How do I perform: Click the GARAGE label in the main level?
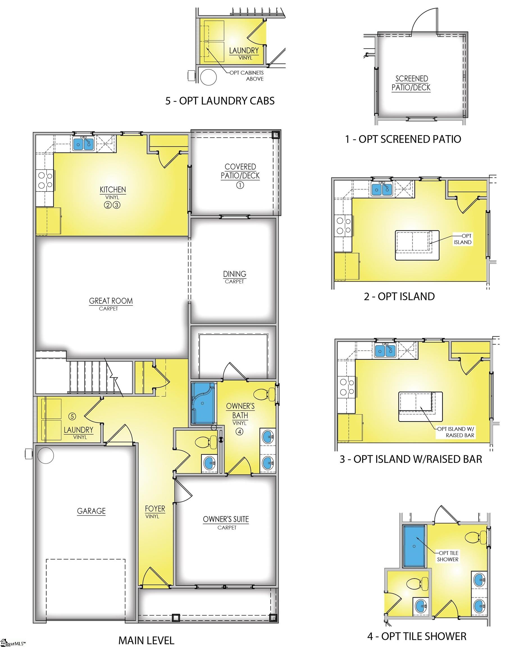(x=91, y=511)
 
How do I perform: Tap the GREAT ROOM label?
(x=111, y=301)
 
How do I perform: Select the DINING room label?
(x=235, y=274)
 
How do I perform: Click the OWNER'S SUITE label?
(x=226, y=519)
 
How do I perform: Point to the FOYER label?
(x=155, y=509)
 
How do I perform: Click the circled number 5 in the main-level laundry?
(x=72, y=416)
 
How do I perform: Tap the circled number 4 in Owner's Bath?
(x=239, y=432)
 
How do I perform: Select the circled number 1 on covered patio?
(x=240, y=185)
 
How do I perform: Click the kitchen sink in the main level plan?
(x=83, y=144)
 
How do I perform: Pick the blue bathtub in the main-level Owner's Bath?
(x=203, y=403)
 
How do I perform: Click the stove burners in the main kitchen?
(x=45, y=180)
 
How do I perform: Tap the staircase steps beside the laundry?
(x=90, y=377)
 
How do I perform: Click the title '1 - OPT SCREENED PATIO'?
(x=403, y=139)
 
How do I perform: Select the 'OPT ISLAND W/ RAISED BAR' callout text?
(x=455, y=432)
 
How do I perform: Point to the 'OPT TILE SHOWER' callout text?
(x=448, y=556)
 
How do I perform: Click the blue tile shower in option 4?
(x=414, y=546)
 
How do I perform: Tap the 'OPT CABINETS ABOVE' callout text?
(x=247, y=76)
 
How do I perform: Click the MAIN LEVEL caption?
(x=146, y=640)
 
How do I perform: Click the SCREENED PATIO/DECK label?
(x=411, y=83)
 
